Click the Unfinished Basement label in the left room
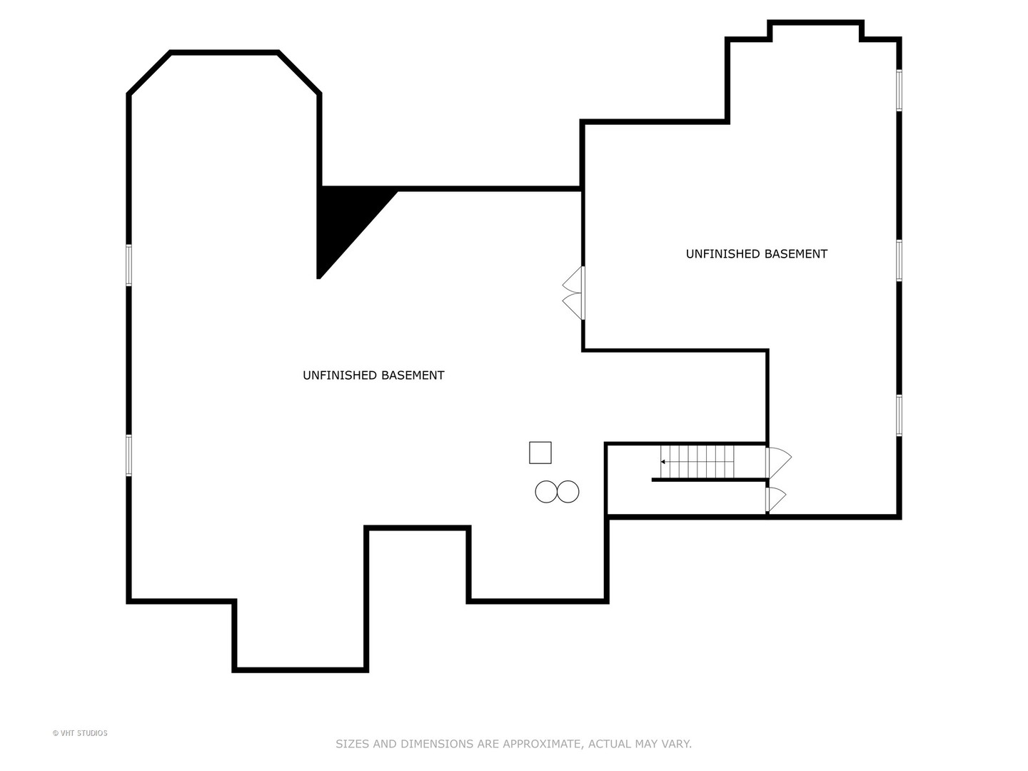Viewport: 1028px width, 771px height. (x=373, y=376)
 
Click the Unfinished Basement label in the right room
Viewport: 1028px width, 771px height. (x=756, y=254)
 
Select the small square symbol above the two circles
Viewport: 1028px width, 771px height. (x=540, y=453)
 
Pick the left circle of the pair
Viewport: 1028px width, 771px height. (x=546, y=492)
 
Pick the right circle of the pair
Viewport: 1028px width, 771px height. (x=568, y=492)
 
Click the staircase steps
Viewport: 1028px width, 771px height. (x=698, y=461)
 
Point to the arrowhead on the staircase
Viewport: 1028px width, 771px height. (x=663, y=462)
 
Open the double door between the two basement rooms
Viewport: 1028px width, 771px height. (x=574, y=293)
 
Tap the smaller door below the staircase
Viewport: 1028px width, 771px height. (x=775, y=499)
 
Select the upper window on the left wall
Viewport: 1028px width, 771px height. (x=129, y=265)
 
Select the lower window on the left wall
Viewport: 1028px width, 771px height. (x=129, y=455)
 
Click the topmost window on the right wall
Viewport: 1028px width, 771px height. (x=899, y=90)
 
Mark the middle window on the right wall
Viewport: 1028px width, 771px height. (x=899, y=261)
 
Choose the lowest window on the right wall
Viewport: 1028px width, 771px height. (x=899, y=415)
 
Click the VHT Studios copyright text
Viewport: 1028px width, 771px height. (x=80, y=733)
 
